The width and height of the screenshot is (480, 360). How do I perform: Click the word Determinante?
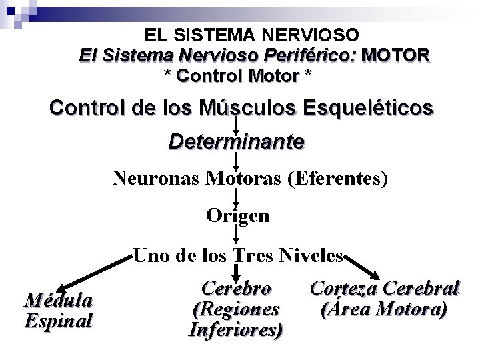[x=237, y=142]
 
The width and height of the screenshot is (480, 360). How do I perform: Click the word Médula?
[x=58, y=301]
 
